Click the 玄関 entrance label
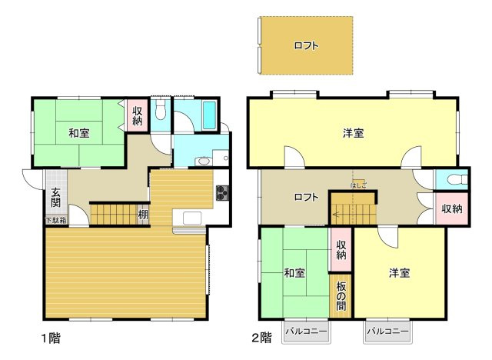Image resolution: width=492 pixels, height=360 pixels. pyautogui.click(x=56, y=198)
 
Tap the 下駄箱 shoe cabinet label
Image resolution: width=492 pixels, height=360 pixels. pyautogui.click(x=55, y=221)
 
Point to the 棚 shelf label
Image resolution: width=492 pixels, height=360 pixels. pyautogui.click(x=143, y=215)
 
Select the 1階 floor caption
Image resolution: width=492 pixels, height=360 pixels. pyautogui.click(x=51, y=337)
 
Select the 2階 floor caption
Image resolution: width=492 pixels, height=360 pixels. pyautogui.click(x=261, y=337)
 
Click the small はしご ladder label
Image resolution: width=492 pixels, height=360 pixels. pyautogui.click(x=358, y=185)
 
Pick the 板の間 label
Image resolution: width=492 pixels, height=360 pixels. pyautogui.click(x=341, y=293)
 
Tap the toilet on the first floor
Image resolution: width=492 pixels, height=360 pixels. pyautogui.click(x=160, y=111)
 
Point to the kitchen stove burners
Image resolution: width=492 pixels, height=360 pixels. pyautogui.click(x=221, y=192)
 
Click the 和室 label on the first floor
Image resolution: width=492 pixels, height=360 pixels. pyautogui.click(x=78, y=133)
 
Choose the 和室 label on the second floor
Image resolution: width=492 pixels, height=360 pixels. pyautogui.click(x=294, y=273)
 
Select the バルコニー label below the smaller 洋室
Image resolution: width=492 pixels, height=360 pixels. pyautogui.click(x=387, y=332)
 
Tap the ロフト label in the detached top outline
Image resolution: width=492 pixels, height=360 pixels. pyautogui.click(x=306, y=45)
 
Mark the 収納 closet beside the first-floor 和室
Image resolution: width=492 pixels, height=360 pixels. pyautogui.click(x=138, y=115)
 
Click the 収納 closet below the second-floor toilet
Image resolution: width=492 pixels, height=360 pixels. pyautogui.click(x=452, y=208)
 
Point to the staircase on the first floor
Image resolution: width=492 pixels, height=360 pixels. pyautogui.click(x=113, y=213)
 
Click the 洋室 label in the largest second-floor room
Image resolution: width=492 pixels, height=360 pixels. pyautogui.click(x=354, y=133)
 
